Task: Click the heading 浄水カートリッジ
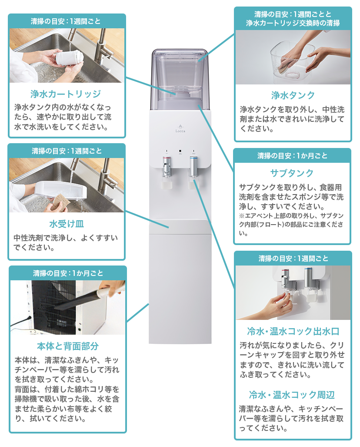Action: [x=66, y=94]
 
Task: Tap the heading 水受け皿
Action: [x=66, y=224]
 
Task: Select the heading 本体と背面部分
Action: [x=67, y=346]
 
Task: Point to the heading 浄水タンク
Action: [x=293, y=95]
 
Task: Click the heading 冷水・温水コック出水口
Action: [x=292, y=332]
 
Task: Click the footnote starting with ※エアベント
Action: [x=292, y=224]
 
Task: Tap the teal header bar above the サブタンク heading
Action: [x=292, y=156]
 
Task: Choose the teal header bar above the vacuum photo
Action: [x=67, y=273]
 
